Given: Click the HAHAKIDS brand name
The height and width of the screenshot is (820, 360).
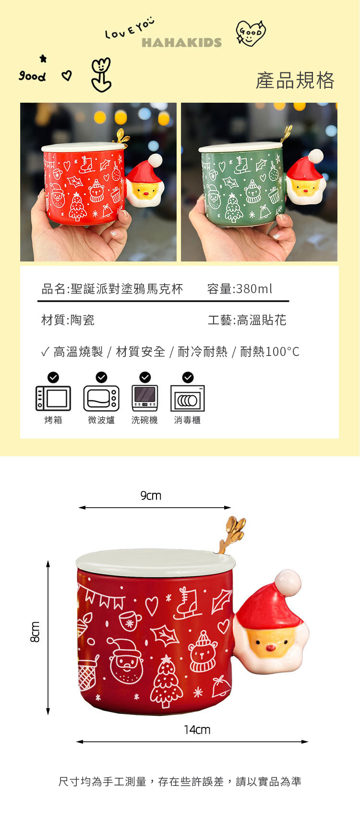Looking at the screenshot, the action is tap(181, 43).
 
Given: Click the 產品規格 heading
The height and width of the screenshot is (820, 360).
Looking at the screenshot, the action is tap(295, 80).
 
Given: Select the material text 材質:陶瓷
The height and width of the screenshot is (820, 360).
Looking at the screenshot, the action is tap(68, 320).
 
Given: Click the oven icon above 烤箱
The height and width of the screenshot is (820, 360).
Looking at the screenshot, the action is tap(53, 398).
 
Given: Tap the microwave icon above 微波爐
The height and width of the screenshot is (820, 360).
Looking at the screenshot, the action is tap(101, 398).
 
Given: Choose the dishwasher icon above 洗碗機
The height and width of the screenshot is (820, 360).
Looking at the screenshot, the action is tap(145, 398).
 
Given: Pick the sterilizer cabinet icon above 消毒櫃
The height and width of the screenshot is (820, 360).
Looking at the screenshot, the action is tap(188, 398).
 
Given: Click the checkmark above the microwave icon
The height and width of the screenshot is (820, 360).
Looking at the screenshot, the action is tap(101, 377).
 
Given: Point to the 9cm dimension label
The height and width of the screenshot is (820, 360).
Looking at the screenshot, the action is tap(151, 496).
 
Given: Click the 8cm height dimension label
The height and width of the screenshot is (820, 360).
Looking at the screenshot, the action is tap(35, 632).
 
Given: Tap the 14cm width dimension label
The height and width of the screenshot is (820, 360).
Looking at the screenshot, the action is tap(197, 730).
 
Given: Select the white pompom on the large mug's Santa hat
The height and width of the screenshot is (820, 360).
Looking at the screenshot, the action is tap(288, 582).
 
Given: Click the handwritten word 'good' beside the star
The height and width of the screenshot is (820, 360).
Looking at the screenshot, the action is tap(33, 76).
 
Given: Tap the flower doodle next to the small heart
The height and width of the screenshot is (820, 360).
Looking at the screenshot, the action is tap(101, 75).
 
